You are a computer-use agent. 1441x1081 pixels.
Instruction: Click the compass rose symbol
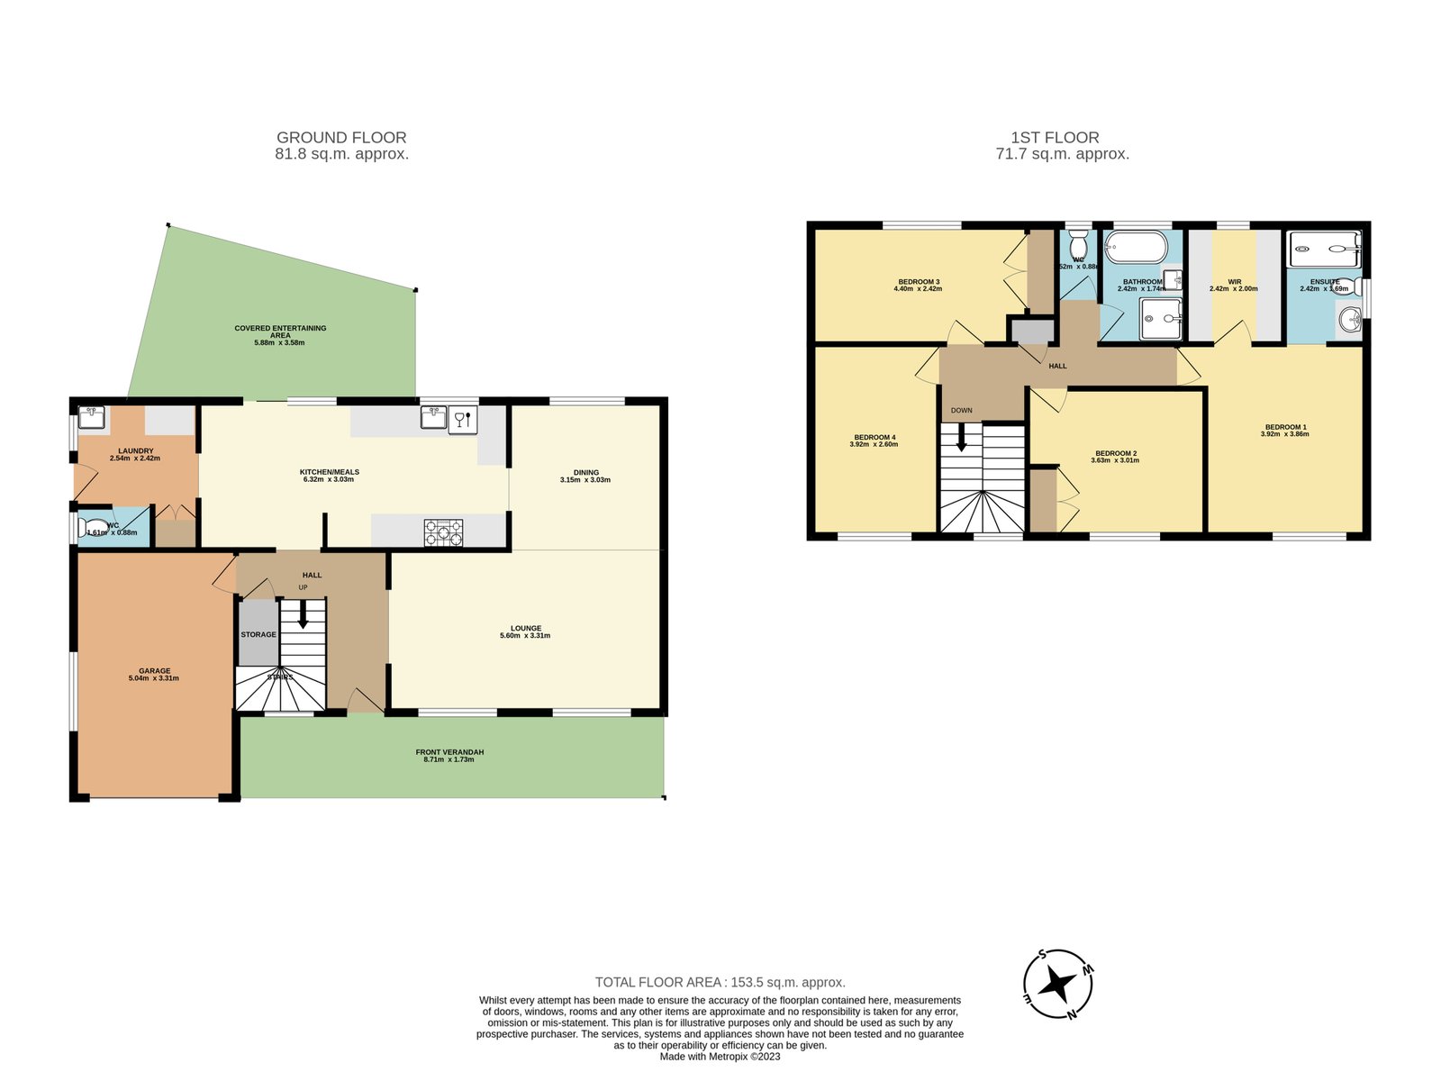(x=1057, y=984)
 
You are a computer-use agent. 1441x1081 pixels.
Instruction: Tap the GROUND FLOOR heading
(x=341, y=138)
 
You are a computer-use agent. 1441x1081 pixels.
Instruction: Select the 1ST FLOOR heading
(x=1055, y=138)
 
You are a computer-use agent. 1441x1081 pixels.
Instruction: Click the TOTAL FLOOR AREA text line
(x=720, y=982)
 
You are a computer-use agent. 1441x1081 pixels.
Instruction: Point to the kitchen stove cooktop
(x=444, y=532)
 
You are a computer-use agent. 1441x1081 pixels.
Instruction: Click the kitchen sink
(x=433, y=417)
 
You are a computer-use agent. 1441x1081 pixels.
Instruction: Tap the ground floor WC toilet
(x=93, y=528)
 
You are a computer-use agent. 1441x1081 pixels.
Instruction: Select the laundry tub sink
(x=91, y=417)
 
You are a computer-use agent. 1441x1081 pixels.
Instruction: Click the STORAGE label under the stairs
(x=258, y=634)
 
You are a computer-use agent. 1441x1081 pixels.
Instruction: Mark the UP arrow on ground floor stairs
(x=303, y=615)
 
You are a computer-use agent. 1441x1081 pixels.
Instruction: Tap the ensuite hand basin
(x=1348, y=319)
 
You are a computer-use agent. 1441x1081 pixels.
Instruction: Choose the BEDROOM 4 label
(x=874, y=438)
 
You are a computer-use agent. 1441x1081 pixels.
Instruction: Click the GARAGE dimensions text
(x=154, y=678)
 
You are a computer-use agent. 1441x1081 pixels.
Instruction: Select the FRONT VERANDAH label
(x=449, y=752)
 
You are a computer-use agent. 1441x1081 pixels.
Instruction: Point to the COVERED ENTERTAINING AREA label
(x=280, y=332)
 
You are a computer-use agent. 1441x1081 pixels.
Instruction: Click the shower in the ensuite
(x=1324, y=248)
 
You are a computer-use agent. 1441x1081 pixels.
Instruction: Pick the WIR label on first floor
(x=1234, y=282)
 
